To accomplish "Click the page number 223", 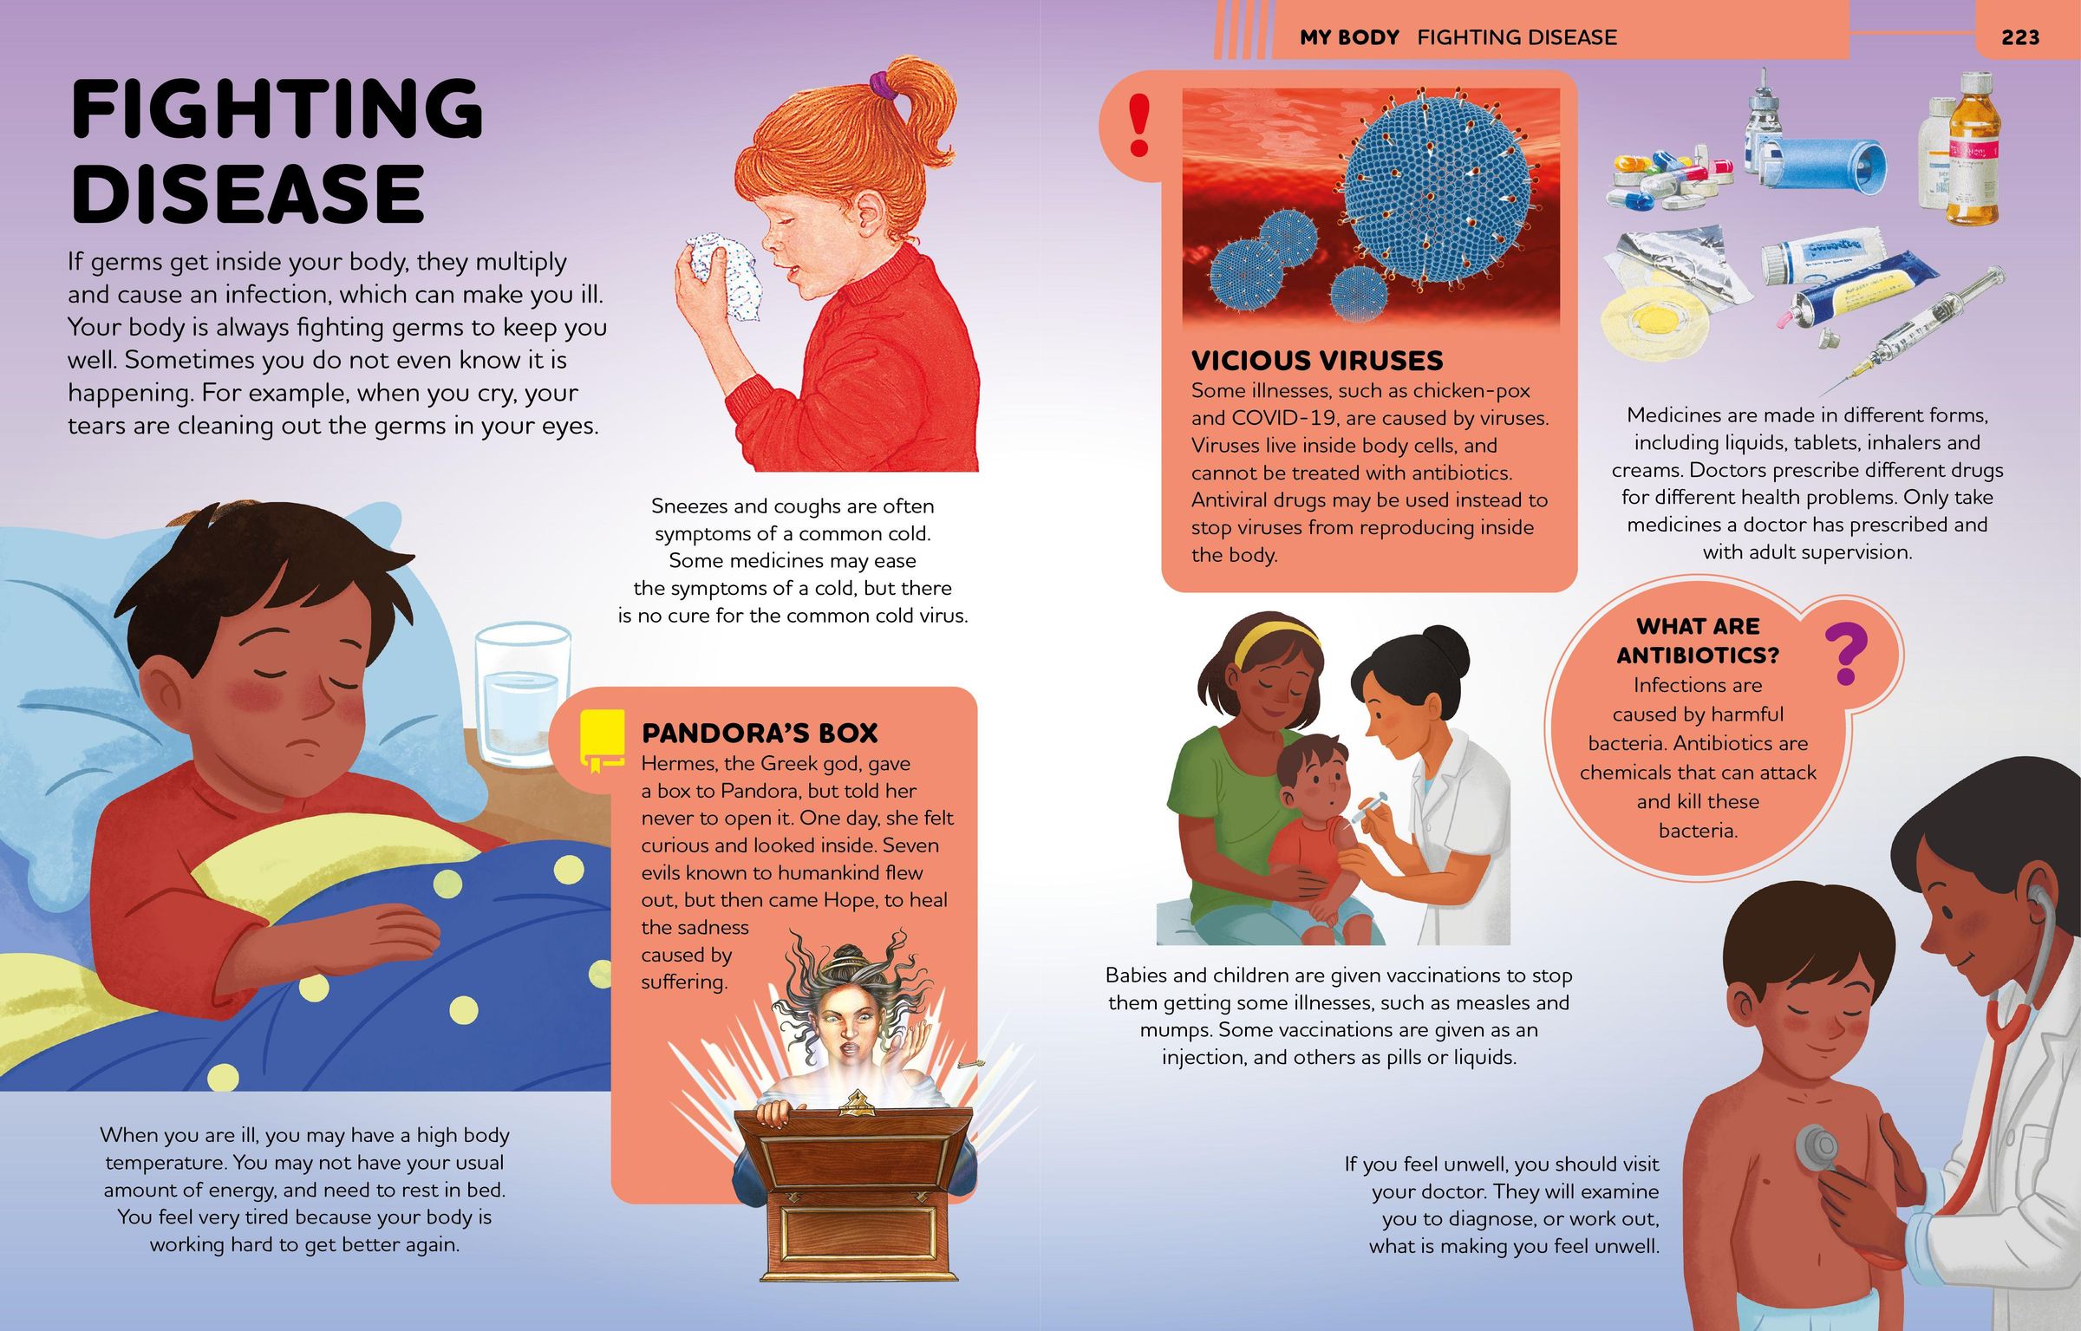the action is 2019,37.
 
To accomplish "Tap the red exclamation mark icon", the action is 1138,126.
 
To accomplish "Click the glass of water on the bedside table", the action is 521,695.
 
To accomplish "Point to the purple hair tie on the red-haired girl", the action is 883,84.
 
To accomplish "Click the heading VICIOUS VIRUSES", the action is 1316,361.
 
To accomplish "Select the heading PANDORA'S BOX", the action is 760,734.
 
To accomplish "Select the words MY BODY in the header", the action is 1349,37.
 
